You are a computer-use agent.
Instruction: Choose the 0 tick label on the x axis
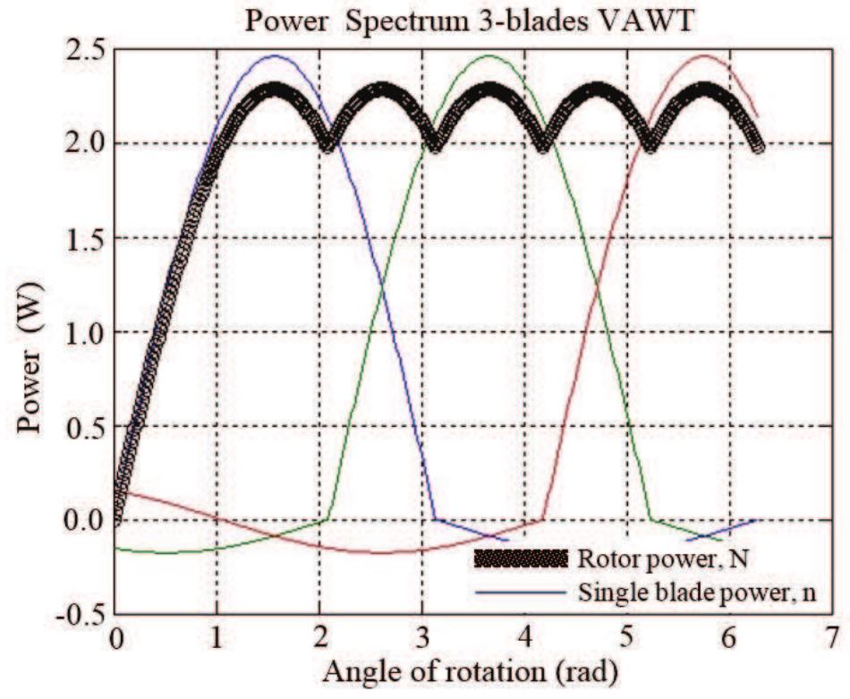pos(115,637)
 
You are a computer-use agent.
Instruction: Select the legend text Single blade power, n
pos(699,592)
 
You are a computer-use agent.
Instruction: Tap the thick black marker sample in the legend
pos(521,560)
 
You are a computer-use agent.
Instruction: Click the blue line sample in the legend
pos(521,592)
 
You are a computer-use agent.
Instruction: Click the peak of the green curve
pos(488,55)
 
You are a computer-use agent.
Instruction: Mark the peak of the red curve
pos(705,55)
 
